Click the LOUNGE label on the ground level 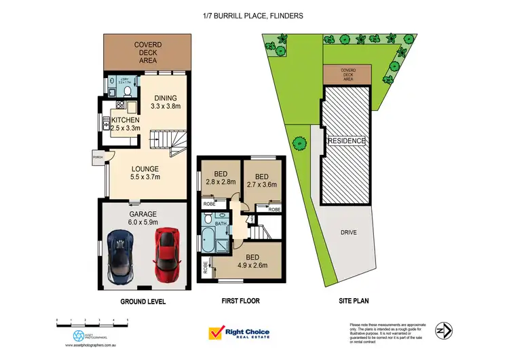point(145,168)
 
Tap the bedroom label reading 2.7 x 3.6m point(266,179)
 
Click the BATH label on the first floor point(221,223)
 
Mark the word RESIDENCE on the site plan point(347,141)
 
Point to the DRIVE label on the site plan point(348,232)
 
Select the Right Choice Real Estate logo point(238,333)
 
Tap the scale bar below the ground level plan point(92,320)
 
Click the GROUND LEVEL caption point(143,301)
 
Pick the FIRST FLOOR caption point(240,300)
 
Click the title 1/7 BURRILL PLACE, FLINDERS point(253,15)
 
